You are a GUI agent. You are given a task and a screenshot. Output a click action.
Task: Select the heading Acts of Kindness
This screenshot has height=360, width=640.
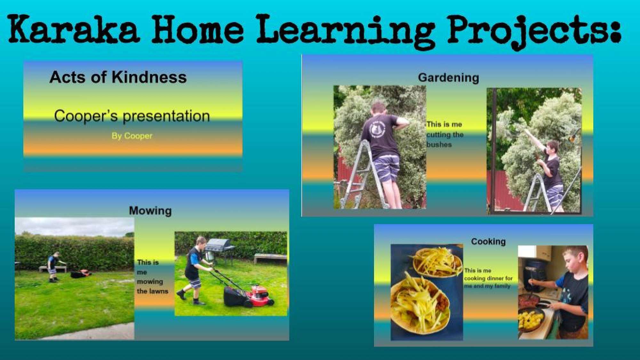tap(118, 77)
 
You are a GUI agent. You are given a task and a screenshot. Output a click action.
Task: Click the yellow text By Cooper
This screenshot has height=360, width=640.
tap(132, 136)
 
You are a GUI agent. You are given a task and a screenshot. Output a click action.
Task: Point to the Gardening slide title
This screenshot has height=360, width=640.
tap(448, 78)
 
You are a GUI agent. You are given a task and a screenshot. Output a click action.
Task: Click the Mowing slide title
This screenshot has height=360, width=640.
tap(150, 211)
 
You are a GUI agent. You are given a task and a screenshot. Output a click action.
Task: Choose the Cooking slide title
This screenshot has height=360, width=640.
tap(488, 241)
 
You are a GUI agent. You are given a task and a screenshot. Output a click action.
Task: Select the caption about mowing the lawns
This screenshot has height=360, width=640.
tap(152, 277)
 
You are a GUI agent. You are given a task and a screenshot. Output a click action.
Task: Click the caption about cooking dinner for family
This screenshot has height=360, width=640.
tap(488, 278)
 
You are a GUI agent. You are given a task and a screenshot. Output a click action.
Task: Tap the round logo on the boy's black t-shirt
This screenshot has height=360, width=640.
tap(378, 129)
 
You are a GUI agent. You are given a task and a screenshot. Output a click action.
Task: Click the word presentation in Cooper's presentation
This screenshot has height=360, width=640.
tap(166, 116)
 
